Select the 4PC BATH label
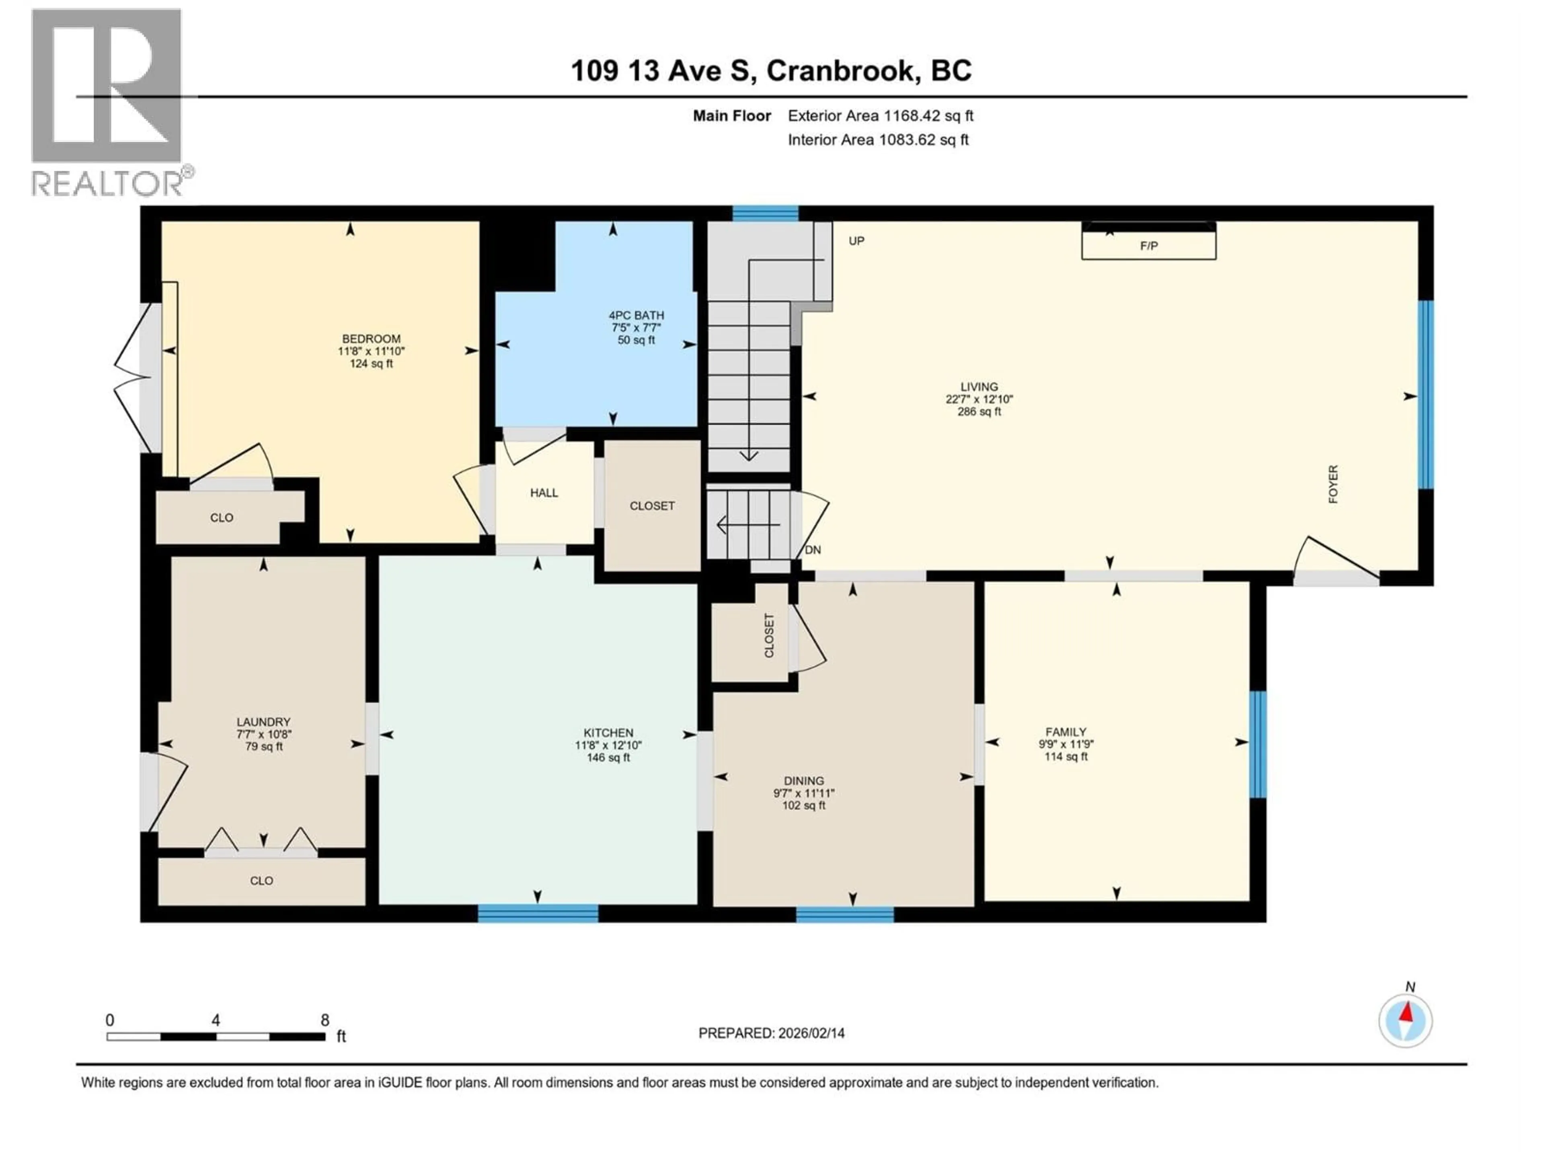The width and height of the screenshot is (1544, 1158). click(x=636, y=316)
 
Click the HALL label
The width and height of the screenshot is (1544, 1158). click(x=544, y=493)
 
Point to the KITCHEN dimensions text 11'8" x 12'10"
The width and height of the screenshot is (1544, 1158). click(x=608, y=745)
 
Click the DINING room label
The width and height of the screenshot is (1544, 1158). click(x=803, y=780)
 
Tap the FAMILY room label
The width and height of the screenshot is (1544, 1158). click(x=1065, y=731)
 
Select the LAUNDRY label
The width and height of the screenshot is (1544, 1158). click(x=263, y=722)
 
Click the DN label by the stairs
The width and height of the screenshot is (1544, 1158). click(x=813, y=550)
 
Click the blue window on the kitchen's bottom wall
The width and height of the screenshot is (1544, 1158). click(x=538, y=913)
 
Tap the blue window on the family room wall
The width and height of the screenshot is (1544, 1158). click(x=1257, y=744)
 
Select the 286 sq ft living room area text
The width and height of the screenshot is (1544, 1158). click(x=979, y=412)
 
